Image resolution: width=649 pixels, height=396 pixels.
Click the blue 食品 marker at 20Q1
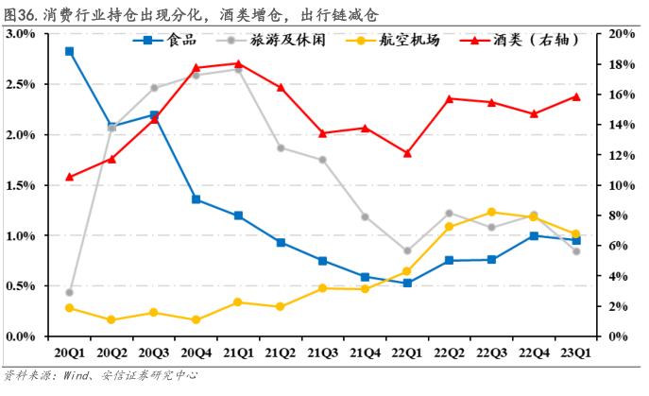(70, 51)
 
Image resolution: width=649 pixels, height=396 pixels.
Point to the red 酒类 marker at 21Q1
(238, 63)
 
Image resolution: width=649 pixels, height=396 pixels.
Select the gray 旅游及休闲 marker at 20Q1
(70, 292)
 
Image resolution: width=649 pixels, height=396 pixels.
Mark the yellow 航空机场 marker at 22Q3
(491, 212)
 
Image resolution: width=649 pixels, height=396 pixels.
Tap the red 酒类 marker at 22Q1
(407, 153)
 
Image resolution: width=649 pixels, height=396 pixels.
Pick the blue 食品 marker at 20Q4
(196, 199)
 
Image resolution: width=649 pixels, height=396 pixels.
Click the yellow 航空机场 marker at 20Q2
(111, 319)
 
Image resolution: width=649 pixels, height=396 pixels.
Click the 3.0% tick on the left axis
(20, 34)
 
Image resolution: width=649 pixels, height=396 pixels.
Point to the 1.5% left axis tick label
(20, 185)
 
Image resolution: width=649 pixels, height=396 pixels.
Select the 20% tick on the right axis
(620, 34)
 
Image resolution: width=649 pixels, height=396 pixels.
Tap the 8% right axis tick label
(617, 215)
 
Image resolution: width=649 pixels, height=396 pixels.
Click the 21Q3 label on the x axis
(322, 353)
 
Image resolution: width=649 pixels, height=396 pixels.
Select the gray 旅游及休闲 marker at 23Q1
(575, 251)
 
